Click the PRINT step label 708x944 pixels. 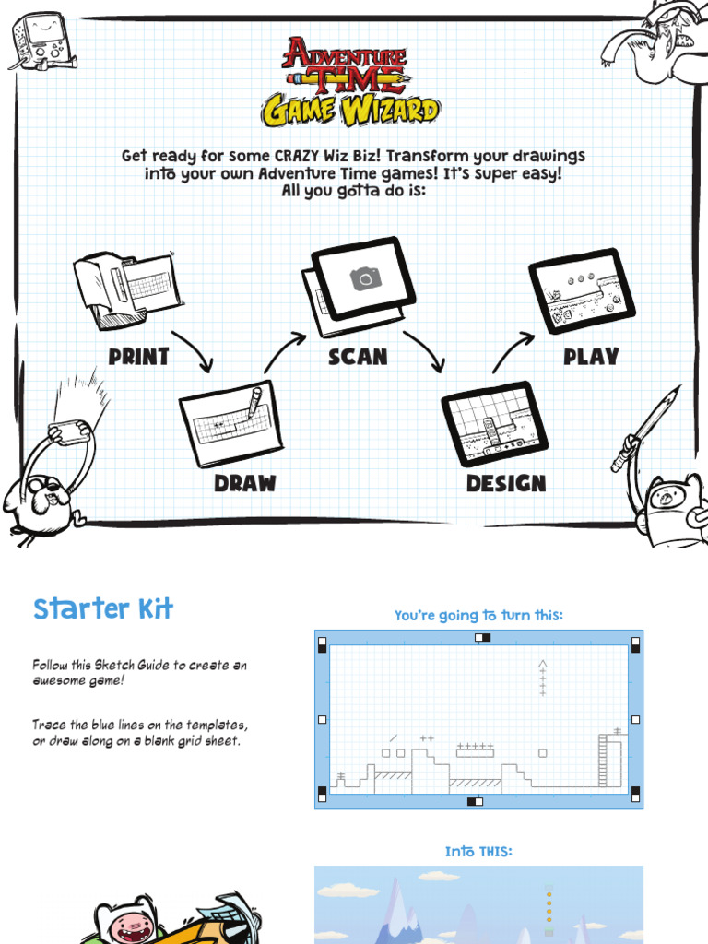coord(138,357)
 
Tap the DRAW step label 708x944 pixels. coord(245,483)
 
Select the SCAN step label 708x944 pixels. coord(358,357)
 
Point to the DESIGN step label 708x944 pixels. coord(506,483)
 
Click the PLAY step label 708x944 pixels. coord(591,357)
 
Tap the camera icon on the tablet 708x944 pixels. coord(366,278)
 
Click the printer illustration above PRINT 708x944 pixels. coord(127,290)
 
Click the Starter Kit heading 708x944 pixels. coord(103,608)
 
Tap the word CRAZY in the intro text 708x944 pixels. coord(296,156)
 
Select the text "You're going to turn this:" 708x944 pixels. coord(478,616)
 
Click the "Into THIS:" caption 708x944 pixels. coord(478,852)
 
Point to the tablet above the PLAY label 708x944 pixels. coord(582,290)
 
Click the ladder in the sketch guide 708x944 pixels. coord(603,761)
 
